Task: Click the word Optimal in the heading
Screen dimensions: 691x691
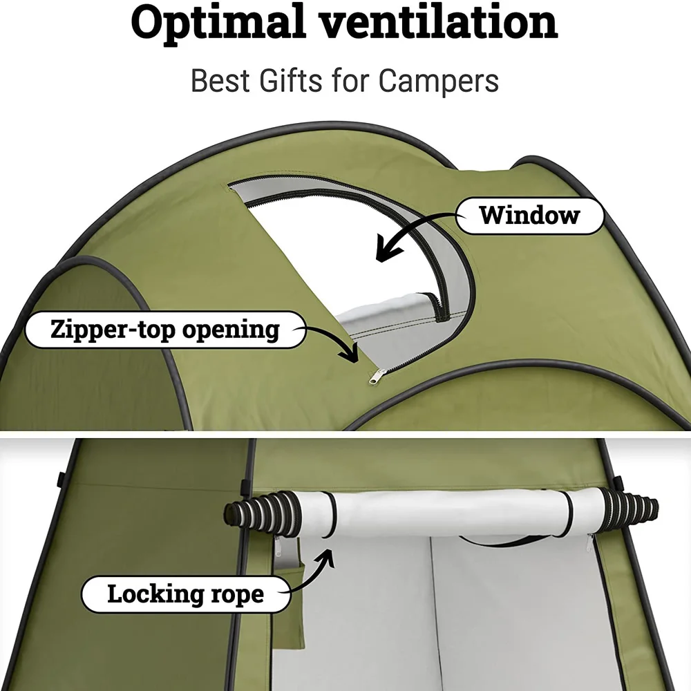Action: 215,23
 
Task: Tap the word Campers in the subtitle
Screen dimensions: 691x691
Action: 438,81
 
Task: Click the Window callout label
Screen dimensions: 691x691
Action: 530,215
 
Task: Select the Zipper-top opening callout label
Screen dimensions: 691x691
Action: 164,329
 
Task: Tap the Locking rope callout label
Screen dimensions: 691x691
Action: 185,594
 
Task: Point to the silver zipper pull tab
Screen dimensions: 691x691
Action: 376,375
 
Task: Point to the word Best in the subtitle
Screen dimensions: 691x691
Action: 218,81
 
